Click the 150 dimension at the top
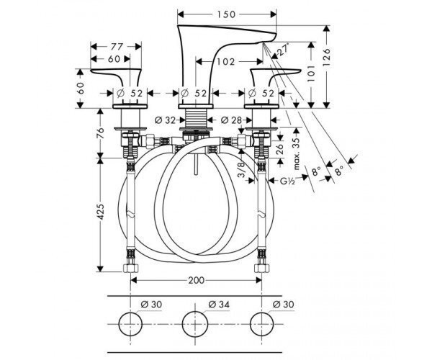click(226, 14)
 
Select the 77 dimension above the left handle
click(116, 47)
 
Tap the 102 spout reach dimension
click(225, 62)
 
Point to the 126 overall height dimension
click(325, 57)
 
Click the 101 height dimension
click(311, 73)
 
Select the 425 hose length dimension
click(101, 212)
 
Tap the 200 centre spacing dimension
click(196, 280)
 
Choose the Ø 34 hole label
click(219, 305)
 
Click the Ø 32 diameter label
click(165, 120)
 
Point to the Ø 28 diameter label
click(231, 120)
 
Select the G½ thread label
click(287, 181)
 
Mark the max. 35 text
click(296, 153)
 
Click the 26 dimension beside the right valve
click(279, 149)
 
